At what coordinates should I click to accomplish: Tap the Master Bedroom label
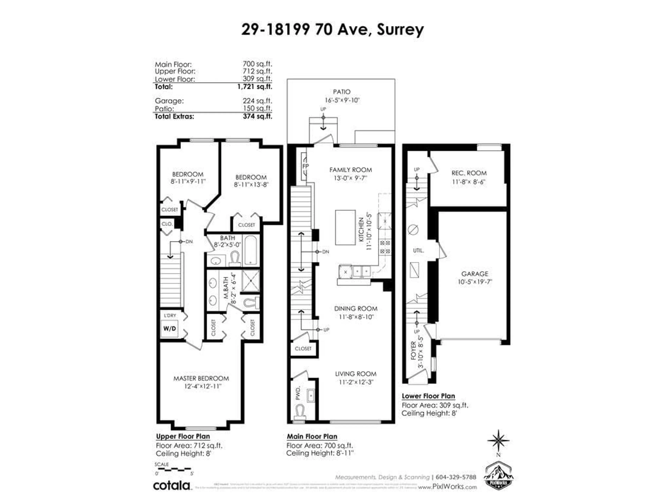coord(201,378)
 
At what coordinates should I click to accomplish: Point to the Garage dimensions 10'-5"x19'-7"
coord(475,282)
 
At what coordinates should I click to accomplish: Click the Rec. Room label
coord(469,173)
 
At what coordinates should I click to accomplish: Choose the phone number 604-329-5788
coord(456,477)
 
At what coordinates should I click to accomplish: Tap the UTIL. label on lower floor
coord(418,250)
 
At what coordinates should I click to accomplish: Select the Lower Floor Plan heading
coord(428,396)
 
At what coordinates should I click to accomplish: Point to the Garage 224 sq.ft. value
coord(257,101)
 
